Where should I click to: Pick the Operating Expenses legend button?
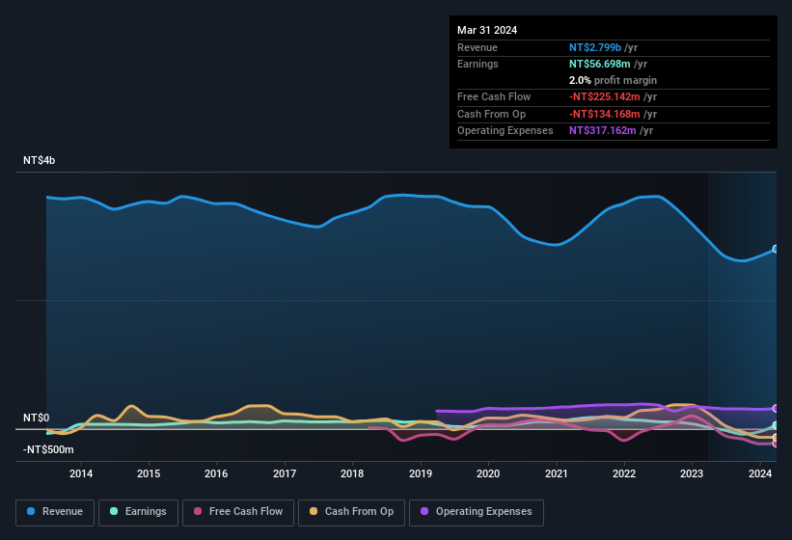click(x=476, y=512)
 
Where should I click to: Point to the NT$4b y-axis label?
click(x=40, y=160)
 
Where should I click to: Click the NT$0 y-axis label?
click(x=36, y=418)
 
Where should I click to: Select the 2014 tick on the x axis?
click(x=81, y=473)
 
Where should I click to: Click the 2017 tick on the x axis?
click(x=285, y=473)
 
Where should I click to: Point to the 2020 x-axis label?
click(x=488, y=473)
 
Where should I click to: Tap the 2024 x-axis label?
click(x=760, y=473)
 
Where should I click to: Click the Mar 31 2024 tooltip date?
click(x=487, y=30)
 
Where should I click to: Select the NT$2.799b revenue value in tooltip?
click(x=595, y=47)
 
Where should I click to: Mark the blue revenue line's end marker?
click(x=776, y=249)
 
